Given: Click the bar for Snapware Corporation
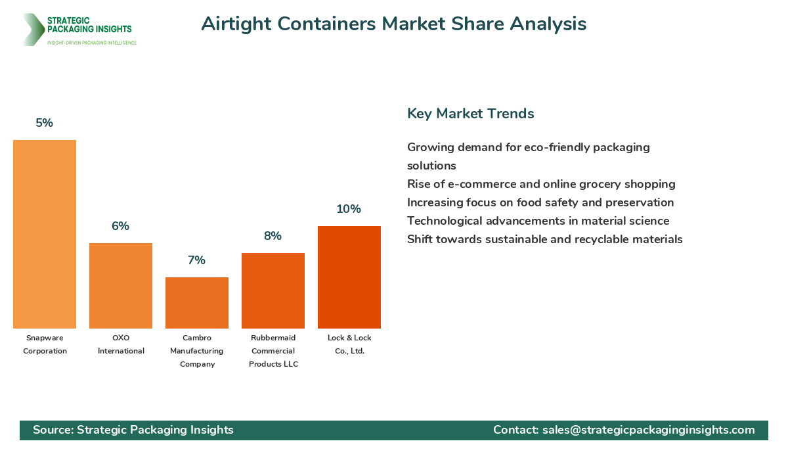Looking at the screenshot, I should (x=45, y=234).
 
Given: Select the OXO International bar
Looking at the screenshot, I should (x=121, y=286).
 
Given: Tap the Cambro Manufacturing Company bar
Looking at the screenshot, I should (x=197, y=303).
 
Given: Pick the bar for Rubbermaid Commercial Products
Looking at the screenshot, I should (x=273, y=290).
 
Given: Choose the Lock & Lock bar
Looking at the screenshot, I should (x=349, y=277).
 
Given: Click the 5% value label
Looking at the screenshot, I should (x=45, y=123).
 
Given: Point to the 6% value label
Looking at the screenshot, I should (x=121, y=226).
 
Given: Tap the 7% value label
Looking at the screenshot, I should (x=197, y=260).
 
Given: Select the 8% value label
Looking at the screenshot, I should (x=273, y=236).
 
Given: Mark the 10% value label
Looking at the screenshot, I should (x=349, y=209).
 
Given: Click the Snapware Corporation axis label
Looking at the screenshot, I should (x=45, y=344).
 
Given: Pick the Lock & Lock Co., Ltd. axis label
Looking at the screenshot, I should (x=349, y=344).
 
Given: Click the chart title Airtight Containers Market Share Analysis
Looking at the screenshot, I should (x=393, y=24).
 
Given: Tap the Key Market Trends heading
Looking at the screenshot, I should (x=470, y=113).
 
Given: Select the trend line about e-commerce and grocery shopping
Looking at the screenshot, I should (x=541, y=184).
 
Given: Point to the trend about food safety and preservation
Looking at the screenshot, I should (x=540, y=202).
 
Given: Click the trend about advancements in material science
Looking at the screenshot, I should (x=538, y=221).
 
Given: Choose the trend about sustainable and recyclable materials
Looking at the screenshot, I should (x=544, y=239).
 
